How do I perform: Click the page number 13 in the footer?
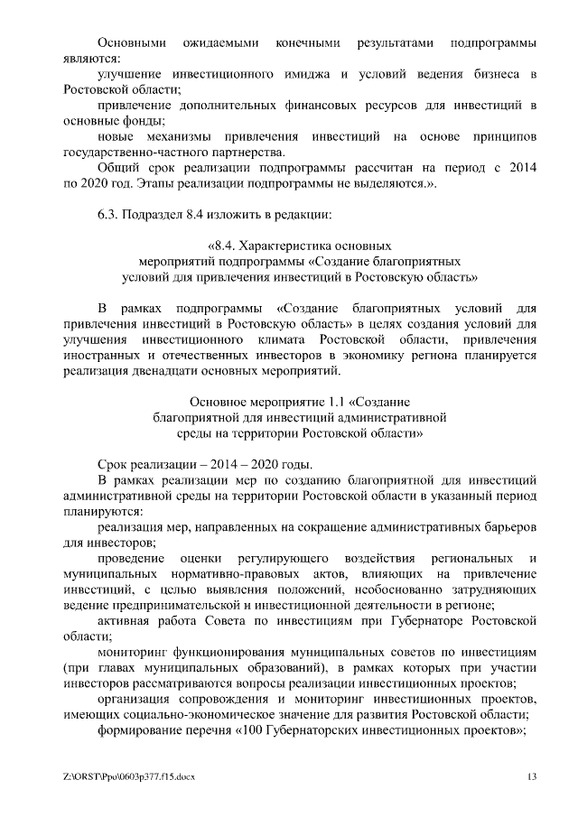533,777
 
